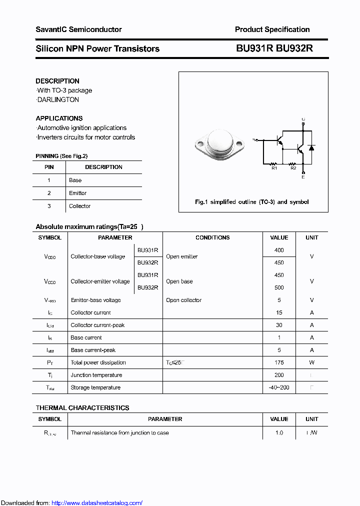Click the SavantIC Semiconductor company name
tap(78, 29)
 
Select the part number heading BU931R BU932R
tap(274, 48)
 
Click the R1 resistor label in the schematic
tap(274, 168)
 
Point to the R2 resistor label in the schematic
tap(293, 168)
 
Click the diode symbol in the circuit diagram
tap(311, 148)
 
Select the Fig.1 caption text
tap(251, 202)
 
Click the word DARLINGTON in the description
tap(58, 99)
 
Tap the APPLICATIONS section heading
tap(59, 118)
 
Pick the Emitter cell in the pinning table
tap(77, 193)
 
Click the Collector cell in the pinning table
tap(79, 206)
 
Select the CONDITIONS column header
tap(212, 237)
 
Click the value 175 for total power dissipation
tap(279, 362)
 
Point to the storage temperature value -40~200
tap(279, 387)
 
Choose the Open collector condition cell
tap(183, 300)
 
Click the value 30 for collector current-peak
tap(279, 325)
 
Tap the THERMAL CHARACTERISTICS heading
tap(82, 408)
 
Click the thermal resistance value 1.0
tap(279, 432)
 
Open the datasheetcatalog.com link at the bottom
tap(97, 502)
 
